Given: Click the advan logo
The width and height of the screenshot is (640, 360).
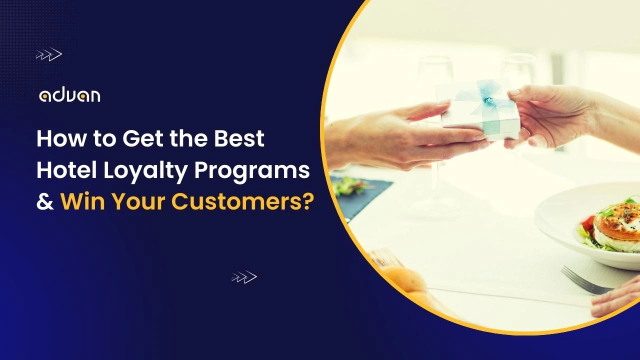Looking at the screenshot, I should point(69,95).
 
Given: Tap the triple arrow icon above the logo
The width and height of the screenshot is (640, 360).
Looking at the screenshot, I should point(48,54).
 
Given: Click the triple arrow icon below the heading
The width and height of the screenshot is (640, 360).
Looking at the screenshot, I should point(244,277).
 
